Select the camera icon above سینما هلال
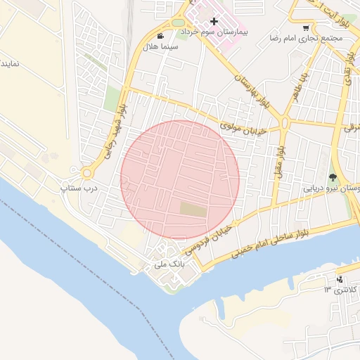point(161,36)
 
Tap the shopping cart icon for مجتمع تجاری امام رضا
point(305,28)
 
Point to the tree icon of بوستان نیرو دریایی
point(333,177)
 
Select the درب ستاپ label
point(81,188)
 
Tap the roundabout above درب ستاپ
point(88,172)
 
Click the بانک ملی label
point(168,266)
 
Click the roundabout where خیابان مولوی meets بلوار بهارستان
point(284,122)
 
